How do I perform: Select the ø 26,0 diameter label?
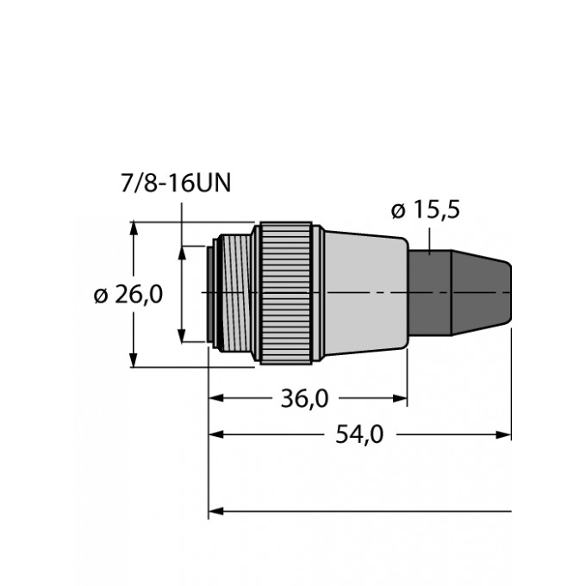click(128, 296)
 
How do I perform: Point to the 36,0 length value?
click(307, 399)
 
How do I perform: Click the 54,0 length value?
click(358, 435)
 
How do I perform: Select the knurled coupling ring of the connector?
click(286, 294)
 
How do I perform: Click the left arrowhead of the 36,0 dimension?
click(216, 399)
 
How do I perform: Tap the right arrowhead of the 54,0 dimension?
click(505, 435)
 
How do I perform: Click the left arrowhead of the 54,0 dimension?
click(216, 435)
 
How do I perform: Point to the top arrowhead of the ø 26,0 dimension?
click(134, 228)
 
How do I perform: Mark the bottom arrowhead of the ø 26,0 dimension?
click(134, 360)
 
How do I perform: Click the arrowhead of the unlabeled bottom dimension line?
click(216, 511)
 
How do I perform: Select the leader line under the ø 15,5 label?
click(428, 237)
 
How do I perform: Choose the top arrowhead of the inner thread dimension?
click(182, 252)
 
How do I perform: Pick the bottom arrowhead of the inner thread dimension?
click(182, 337)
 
